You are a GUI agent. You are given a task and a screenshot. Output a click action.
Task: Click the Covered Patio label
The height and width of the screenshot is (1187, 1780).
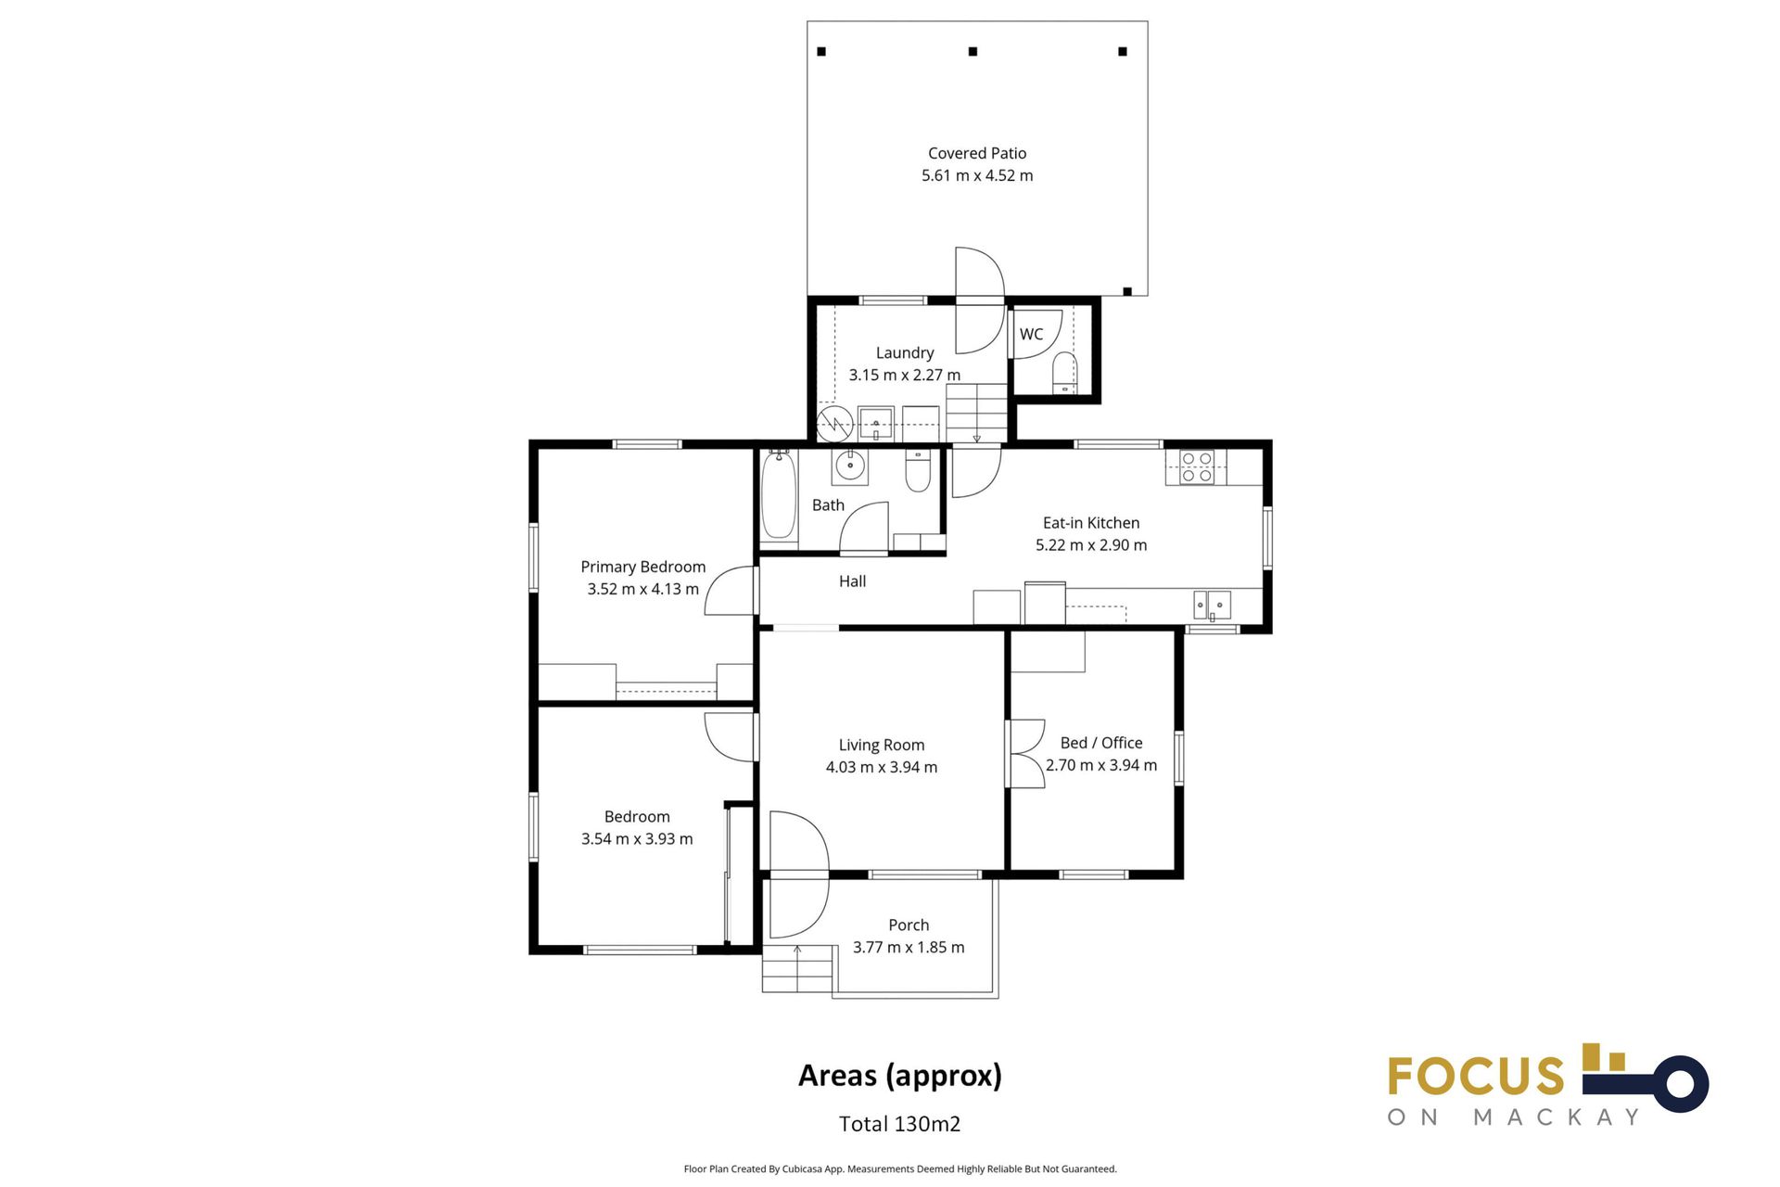pyautogui.click(x=977, y=153)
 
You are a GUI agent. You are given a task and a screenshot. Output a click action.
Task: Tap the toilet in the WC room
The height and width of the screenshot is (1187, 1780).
pyautogui.click(x=1065, y=373)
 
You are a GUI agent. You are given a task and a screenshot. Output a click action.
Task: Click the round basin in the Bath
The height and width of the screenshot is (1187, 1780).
pyautogui.click(x=850, y=466)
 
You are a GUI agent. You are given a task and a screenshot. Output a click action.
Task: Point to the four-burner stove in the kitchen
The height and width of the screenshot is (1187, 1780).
pyautogui.click(x=1197, y=466)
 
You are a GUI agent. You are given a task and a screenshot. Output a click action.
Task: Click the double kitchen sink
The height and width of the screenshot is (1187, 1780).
pyautogui.click(x=1212, y=605)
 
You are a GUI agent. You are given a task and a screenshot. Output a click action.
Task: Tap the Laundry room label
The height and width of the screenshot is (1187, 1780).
pyautogui.click(x=905, y=352)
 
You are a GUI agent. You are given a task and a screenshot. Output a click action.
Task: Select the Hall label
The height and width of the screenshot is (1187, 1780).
pyautogui.click(x=852, y=581)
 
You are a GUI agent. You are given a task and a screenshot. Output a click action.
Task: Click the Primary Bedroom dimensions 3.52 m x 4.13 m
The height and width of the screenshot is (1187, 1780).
pyautogui.click(x=642, y=589)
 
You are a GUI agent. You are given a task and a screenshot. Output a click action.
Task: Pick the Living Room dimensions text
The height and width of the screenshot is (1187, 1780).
pyautogui.click(x=882, y=767)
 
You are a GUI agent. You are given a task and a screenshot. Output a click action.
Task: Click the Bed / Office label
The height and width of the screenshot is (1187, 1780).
pyautogui.click(x=1101, y=743)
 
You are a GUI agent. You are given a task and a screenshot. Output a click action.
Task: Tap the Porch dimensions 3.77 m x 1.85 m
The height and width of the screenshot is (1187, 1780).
pyautogui.click(x=909, y=947)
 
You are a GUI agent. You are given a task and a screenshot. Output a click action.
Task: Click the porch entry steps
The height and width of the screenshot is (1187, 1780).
pyautogui.click(x=797, y=969)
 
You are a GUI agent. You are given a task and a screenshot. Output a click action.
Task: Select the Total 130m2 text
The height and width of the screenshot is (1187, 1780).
pyautogui.click(x=899, y=1124)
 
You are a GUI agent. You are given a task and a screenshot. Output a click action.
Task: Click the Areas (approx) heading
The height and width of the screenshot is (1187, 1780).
pyautogui.click(x=900, y=1076)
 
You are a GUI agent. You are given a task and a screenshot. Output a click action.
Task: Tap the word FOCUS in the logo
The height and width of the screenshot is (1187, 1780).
pyautogui.click(x=1476, y=1077)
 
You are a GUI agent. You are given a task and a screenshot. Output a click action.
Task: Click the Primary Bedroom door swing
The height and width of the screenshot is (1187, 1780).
pyautogui.click(x=731, y=591)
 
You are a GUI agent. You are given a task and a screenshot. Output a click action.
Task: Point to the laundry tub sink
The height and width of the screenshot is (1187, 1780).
pyautogui.click(x=875, y=423)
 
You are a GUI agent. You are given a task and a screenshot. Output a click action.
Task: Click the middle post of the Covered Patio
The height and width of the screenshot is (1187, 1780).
pyautogui.click(x=973, y=52)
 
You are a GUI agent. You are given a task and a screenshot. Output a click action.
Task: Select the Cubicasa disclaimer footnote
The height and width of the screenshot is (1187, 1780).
pyautogui.click(x=900, y=1169)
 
